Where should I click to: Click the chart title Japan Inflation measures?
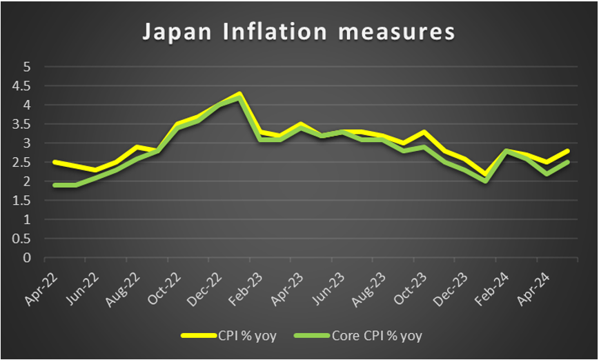[x=298, y=32]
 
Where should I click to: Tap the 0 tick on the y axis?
[x=28, y=258]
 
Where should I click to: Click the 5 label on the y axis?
[x=28, y=67]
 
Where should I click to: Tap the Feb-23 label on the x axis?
[x=238, y=282]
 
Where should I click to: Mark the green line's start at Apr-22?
[x=55, y=185]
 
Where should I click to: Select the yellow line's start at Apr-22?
[x=55, y=162]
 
